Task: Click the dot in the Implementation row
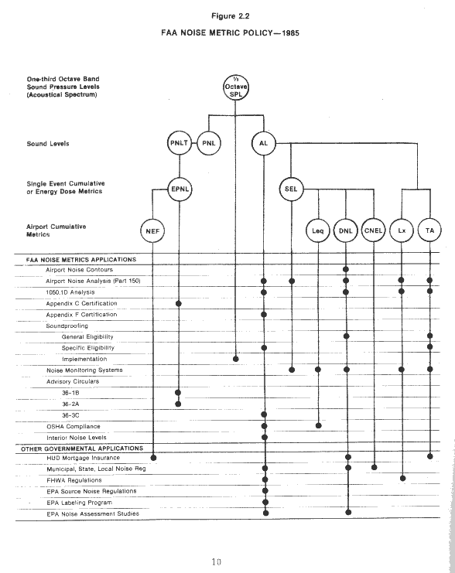tap(236, 359)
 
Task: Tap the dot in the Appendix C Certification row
tap(179, 303)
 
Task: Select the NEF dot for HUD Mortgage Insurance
tap(154, 458)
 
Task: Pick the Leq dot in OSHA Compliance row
tap(319, 425)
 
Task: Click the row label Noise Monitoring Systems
tap(84, 370)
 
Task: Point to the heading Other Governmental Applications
tap(82, 449)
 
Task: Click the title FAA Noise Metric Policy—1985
tap(230, 33)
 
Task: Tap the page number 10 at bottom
tap(217, 561)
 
